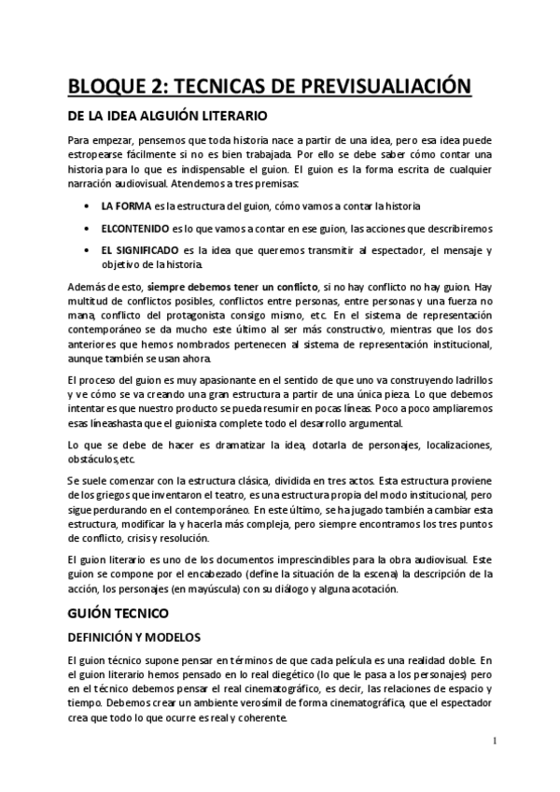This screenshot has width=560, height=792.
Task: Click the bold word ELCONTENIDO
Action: click(134, 229)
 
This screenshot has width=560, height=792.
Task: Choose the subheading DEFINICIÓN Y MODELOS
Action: click(134, 638)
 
